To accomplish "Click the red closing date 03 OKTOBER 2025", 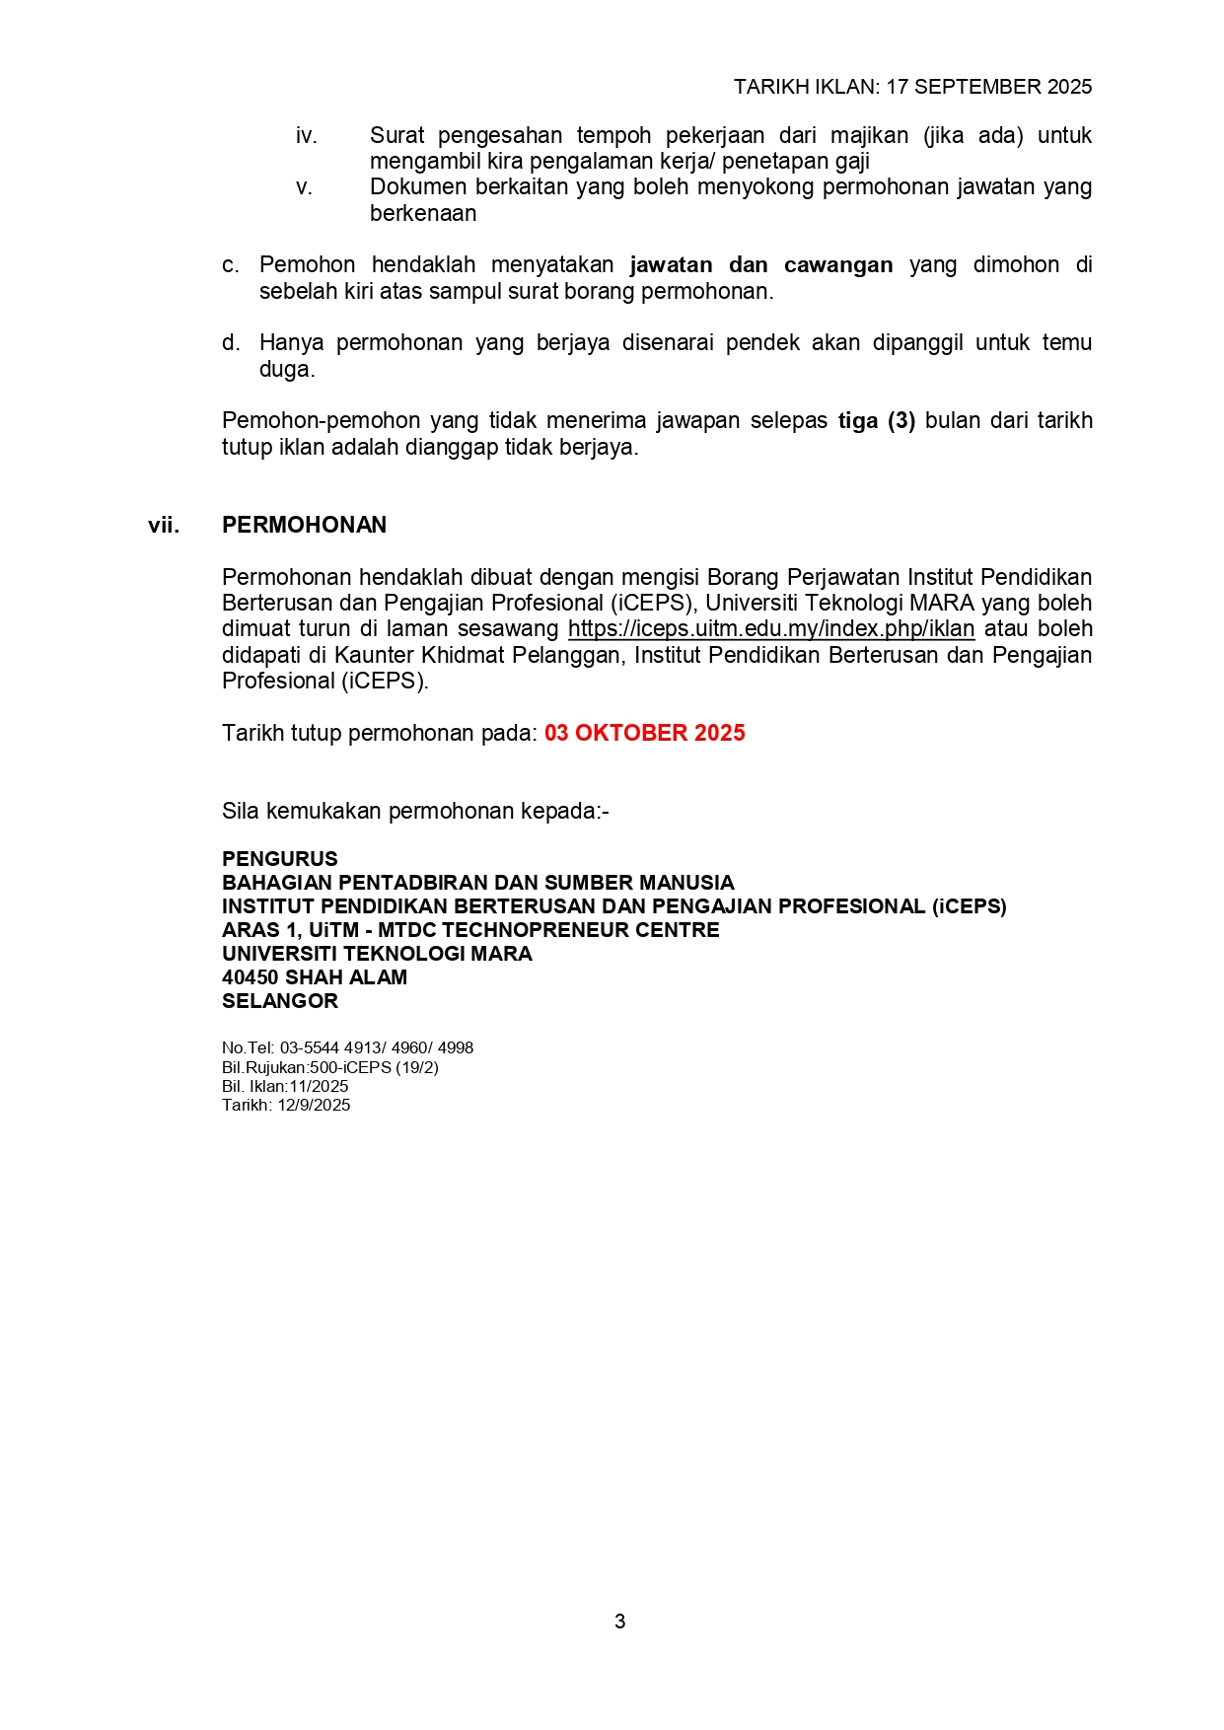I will pyautogui.click(x=644, y=733).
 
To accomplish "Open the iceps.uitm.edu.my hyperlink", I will pyautogui.click(x=770, y=629).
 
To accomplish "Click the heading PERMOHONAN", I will pyautogui.click(x=304, y=525).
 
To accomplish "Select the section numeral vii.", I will pyautogui.click(x=164, y=525).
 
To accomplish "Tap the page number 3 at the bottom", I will pyautogui.click(x=619, y=1622).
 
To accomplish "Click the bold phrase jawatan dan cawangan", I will pyautogui.click(x=761, y=265).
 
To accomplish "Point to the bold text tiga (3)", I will pyautogui.click(x=877, y=421).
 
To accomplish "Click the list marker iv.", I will pyautogui.click(x=306, y=136).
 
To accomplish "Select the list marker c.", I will pyautogui.click(x=230, y=265).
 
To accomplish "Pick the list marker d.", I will pyautogui.click(x=230, y=343).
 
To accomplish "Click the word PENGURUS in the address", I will pyautogui.click(x=280, y=859).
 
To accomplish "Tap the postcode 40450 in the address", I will pyautogui.click(x=251, y=977).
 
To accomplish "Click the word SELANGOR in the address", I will pyautogui.click(x=280, y=1001).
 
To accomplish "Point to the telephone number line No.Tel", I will pyautogui.click(x=347, y=1047).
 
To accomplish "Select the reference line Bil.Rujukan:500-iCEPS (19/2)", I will pyautogui.click(x=330, y=1067).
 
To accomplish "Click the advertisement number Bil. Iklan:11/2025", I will pyautogui.click(x=285, y=1086).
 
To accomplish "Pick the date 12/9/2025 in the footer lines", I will pyautogui.click(x=314, y=1105).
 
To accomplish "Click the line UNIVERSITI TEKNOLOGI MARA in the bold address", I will pyautogui.click(x=377, y=954).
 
